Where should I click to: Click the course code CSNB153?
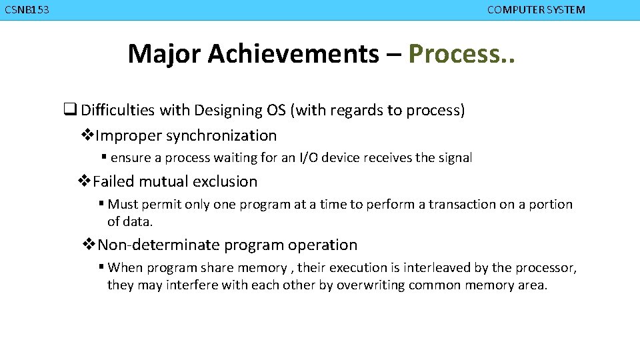pos(27,10)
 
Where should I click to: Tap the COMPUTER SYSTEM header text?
pos(536,10)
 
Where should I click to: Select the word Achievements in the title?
pos(293,53)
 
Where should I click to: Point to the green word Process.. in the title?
pos(461,53)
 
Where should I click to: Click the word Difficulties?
pos(135,111)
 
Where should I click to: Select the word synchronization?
pos(221,136)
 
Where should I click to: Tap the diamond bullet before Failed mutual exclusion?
pos(85,181)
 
